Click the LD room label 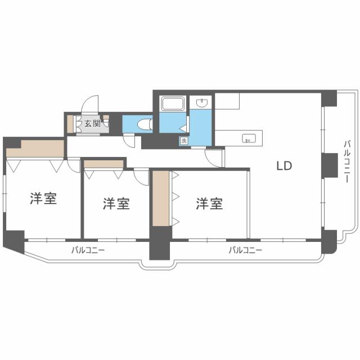coord(283,166)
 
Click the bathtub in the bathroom coord(173,105)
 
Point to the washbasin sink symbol coord(201,103)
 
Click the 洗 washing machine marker coord(183,141)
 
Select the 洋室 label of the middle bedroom coord(116,204)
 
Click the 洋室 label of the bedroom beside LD coord(209,204)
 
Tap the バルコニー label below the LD coord(245,250)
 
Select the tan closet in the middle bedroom coord(103,164)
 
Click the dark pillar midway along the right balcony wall coord(328,164)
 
